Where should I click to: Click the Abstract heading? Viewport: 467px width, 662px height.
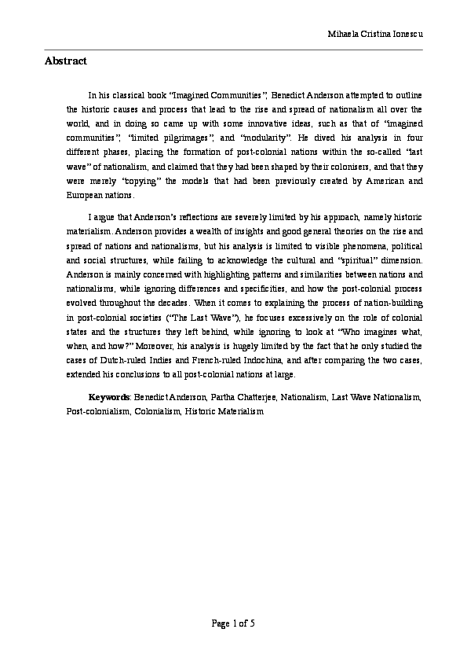click(65, 61)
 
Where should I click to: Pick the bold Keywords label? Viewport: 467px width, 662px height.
click(108, 397)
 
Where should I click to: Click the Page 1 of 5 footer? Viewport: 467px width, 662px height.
click(233, 624)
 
